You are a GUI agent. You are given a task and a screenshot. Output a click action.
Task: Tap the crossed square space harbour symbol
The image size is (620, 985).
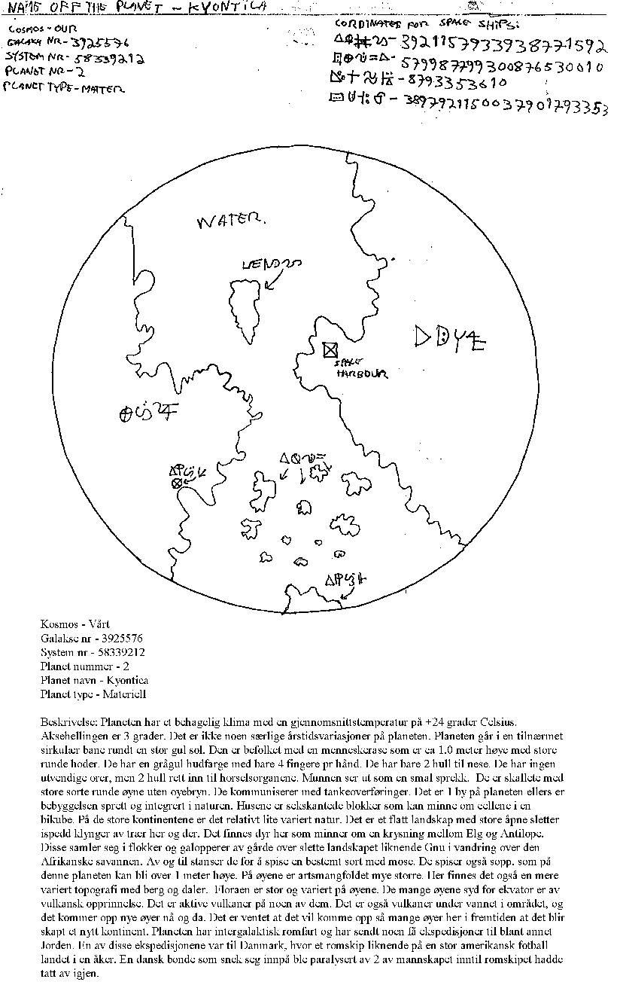(329, 349)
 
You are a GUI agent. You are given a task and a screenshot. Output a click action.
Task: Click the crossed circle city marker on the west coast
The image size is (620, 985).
(178, 483)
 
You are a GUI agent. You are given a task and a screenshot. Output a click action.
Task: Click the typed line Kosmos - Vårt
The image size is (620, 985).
(72, 625)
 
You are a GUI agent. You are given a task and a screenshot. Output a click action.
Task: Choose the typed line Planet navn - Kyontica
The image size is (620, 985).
(94, 679)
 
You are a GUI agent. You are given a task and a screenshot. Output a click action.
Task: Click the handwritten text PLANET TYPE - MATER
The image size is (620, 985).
(65, 88)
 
